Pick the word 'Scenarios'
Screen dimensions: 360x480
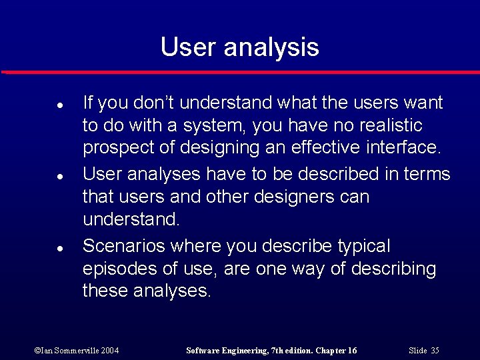pos(124,246)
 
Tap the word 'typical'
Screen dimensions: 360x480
pos(364,247)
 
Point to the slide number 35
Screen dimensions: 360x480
pos(435,351)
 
